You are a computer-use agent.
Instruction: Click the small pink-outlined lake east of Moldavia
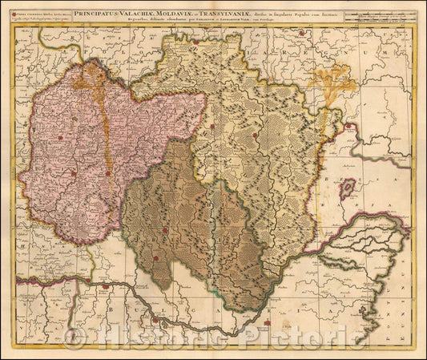[348, 190]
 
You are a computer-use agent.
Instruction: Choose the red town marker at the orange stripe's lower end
[107, 172]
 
